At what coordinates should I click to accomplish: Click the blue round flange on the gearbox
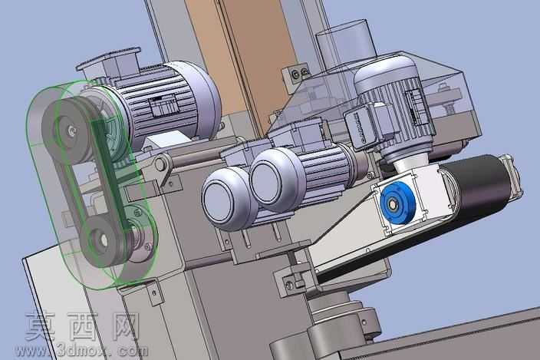click(x=398, y=203)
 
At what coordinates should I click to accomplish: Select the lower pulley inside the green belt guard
click(x=104, y=239)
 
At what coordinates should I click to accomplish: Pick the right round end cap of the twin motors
click(x=272, y=179)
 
